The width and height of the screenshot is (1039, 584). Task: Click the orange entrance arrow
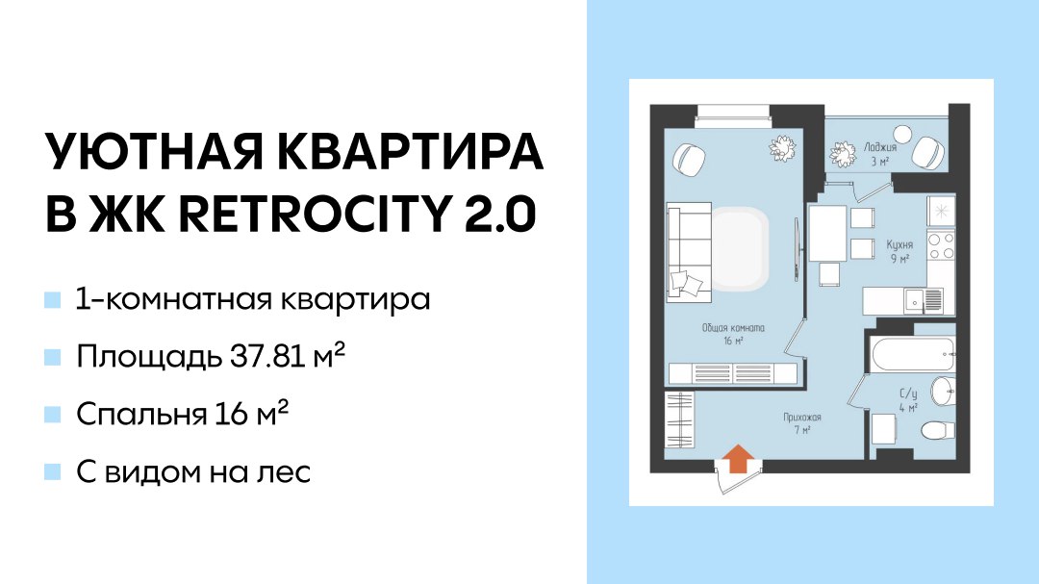point(738,458)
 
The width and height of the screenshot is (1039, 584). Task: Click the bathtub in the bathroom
point(913,355)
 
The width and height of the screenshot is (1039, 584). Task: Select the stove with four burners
point(941,245)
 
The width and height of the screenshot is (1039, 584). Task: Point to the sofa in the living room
point(689,253)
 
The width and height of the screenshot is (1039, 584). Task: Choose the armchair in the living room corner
point(690,160)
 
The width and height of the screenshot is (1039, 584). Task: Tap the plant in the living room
point(782,148)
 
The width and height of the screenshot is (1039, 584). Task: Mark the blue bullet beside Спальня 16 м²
point(52,415)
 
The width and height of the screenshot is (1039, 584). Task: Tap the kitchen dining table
point(828,233)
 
